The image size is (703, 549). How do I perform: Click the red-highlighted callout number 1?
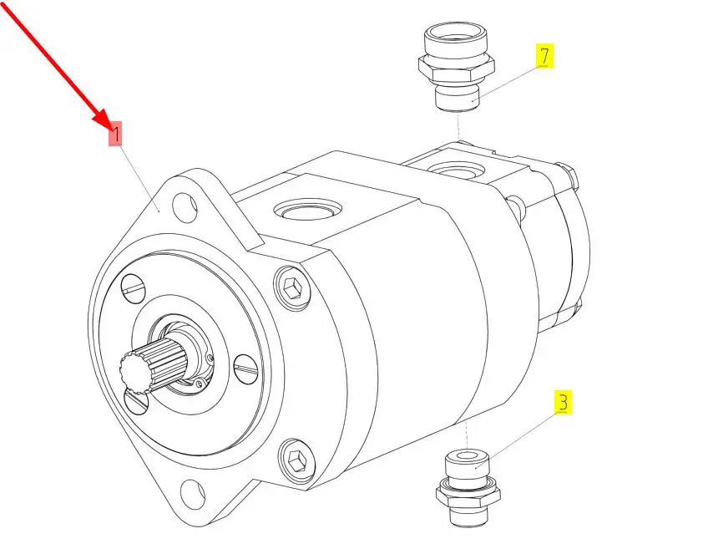coord(115,134)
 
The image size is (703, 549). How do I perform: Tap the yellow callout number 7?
coord(544,56)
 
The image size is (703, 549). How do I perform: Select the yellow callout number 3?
coord(563,402)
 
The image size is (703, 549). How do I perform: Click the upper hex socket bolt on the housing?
coord(292,286)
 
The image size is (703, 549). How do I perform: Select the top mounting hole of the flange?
coord(185,207)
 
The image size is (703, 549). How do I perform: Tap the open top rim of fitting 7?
coord(456,33)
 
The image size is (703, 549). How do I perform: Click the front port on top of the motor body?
coord(308,209)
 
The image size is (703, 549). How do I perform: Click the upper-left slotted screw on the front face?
coord(134,287)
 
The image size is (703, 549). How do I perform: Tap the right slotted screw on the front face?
coord(245,369)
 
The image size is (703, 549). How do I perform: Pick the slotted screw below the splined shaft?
coord(136,401)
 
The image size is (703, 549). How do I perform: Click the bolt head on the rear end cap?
coord(570,176)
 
